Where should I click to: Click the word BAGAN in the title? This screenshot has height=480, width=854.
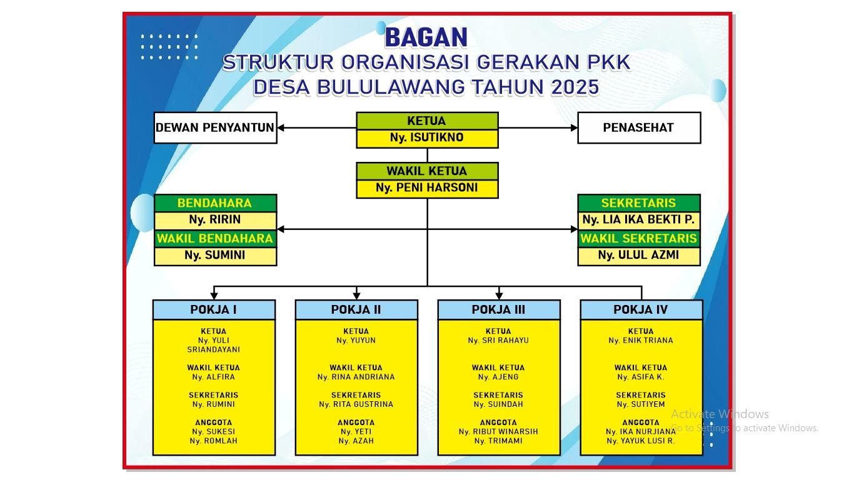(x=426, y=37)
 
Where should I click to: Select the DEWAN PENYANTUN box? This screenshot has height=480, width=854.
(x=216, y=127)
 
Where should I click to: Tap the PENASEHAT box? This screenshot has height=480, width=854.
(x=639, y=127)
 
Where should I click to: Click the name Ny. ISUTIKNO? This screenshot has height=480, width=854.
(x=426, y=137)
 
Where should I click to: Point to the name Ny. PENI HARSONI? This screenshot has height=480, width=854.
(x=426, y=187)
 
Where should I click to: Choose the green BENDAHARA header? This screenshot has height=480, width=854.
(x=216, y=203)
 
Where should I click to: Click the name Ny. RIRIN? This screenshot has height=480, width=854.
(x=215, y=219)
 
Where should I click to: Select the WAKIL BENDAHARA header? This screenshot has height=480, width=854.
(x=216, y=239)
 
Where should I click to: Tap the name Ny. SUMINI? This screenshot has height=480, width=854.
(x=215, y=255)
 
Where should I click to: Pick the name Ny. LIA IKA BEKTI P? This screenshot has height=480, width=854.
(x=638, y=219)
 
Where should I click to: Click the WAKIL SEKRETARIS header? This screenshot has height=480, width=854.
(x=639, y=239)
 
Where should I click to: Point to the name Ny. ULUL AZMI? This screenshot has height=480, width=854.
(x=638, y=255)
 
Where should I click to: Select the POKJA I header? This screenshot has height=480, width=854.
(x=214, y=309)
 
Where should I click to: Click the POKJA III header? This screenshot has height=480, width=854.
(x=499, y=309)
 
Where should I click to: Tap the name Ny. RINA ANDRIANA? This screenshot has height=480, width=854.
(x=356, y=377)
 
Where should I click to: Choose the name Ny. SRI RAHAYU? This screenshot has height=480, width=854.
(x=498, y=341)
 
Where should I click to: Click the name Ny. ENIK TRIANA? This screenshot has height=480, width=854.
(x=641, y=341)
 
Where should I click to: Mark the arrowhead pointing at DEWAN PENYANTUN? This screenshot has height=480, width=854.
(x=281, y=127)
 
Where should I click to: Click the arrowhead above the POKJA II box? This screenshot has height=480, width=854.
(x=356, y=296)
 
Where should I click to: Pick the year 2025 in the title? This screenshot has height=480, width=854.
(x=575, y=87)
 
